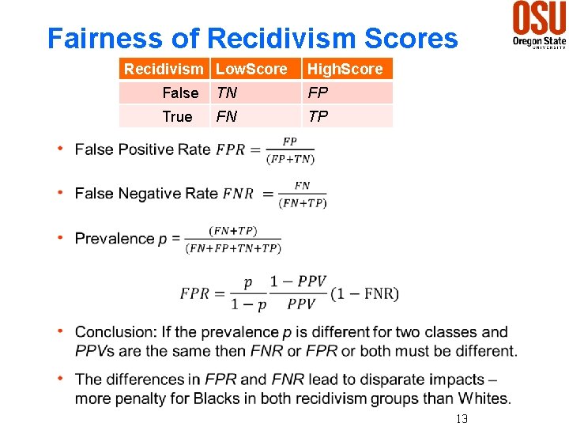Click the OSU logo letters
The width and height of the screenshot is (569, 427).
point(539,17)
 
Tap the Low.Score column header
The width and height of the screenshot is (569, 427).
point(251,70)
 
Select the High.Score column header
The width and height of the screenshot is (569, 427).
point(345,70)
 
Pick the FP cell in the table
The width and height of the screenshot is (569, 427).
point(318,93)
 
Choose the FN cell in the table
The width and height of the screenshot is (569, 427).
point(226,117)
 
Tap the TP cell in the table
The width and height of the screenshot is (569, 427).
point(318,117)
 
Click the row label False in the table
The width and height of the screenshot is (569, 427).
point(180,93)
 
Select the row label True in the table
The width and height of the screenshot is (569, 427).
point(177,117)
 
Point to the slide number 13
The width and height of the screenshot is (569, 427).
point(462,418)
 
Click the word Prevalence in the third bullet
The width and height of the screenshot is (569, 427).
point(115,239)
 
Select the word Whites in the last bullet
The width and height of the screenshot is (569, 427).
point(483,399)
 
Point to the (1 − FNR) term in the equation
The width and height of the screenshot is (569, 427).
point(364,294)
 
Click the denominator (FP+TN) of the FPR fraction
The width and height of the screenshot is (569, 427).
point(290,159)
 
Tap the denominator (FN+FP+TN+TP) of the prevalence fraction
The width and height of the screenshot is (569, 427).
point(233,248)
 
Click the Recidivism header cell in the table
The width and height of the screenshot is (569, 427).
point(163,70)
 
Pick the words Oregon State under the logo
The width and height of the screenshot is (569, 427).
point(539,40)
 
